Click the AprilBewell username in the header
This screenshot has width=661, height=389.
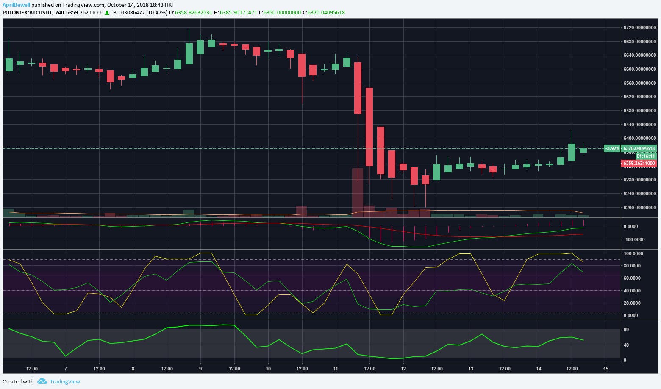(x=16, y=5)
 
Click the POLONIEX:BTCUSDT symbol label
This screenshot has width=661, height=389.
(x=28, y=13)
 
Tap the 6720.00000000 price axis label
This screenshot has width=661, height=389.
(x=639, y=28)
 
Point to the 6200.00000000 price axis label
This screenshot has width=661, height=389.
(x=639, y=208)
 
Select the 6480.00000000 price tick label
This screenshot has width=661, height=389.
(x=639, y=111)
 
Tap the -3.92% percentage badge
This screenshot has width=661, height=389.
(x=612, y=148)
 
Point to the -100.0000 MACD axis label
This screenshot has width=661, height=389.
(x=634, y=239)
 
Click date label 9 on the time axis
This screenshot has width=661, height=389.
(x=200, y=369)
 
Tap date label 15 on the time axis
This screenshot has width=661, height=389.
(x=606, y=369)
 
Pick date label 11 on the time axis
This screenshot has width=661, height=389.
(x=336, y=369)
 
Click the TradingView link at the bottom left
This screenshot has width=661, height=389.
(x=64, y=381)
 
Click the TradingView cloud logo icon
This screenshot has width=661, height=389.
(x=42, y=381)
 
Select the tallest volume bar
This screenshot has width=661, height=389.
(x=358, y=193)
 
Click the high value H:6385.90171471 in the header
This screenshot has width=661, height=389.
(x=235, y=13)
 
